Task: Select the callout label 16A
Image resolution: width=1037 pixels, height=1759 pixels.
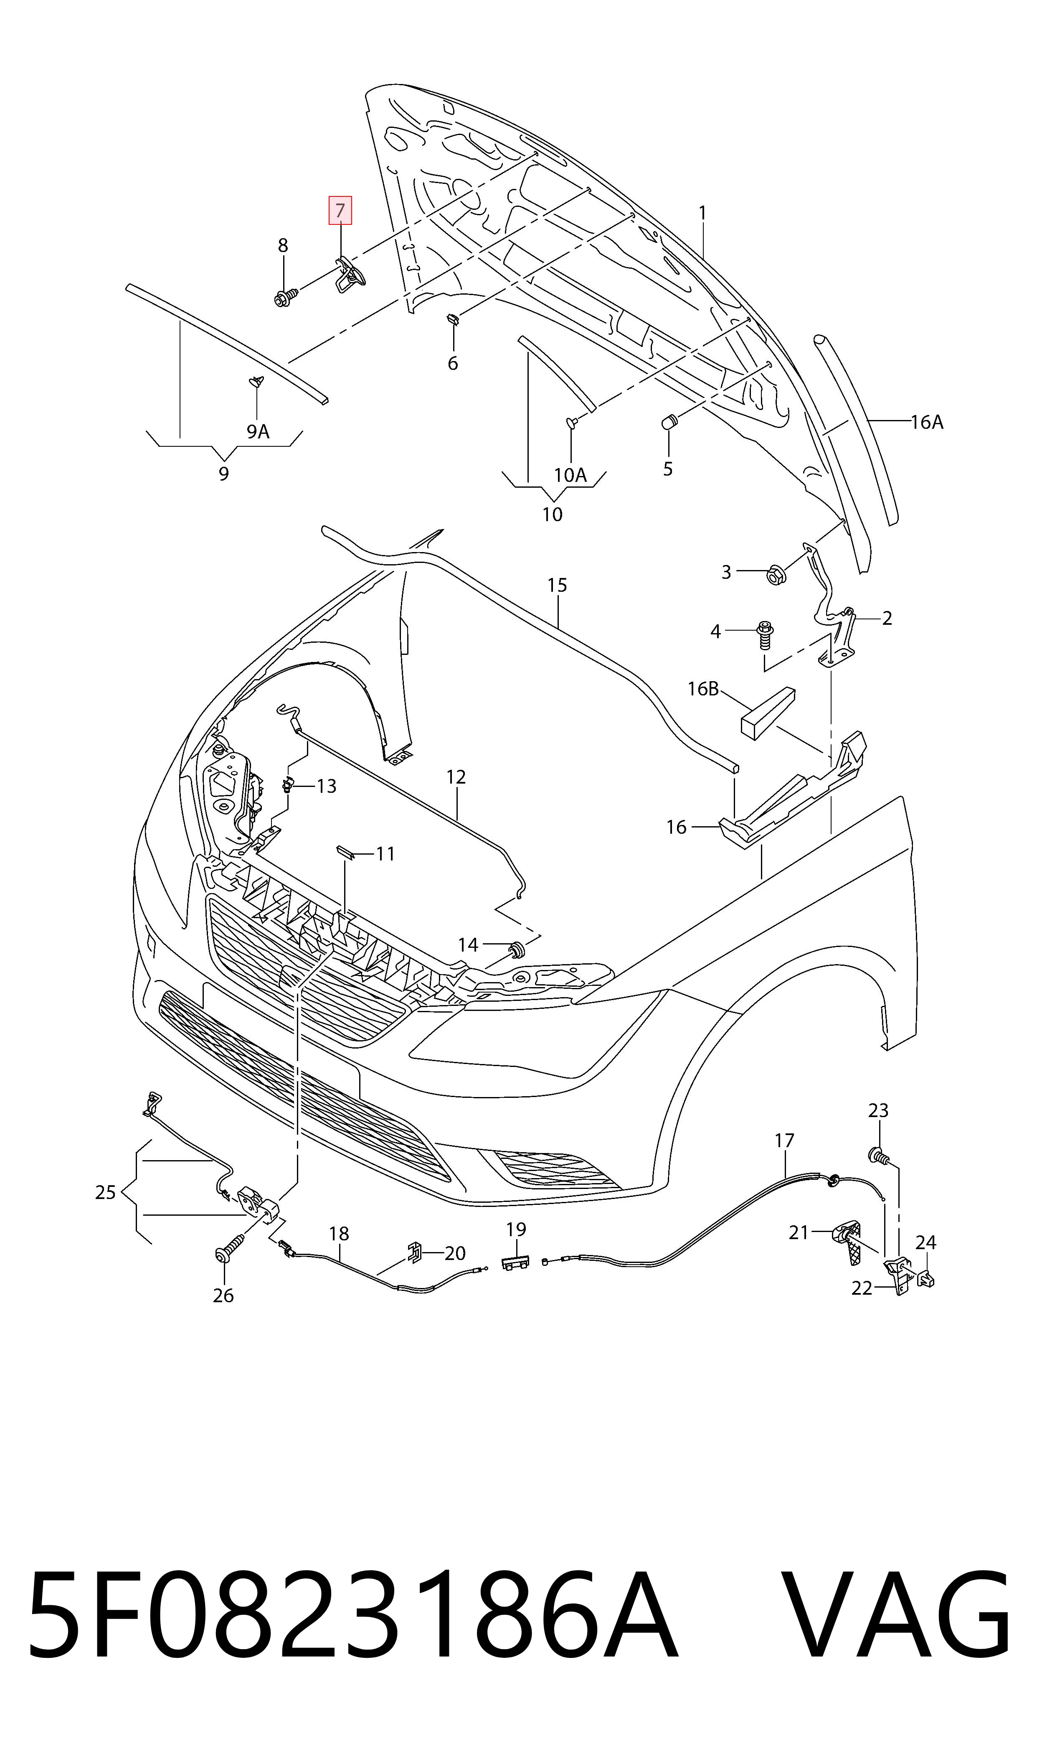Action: coord(927,422)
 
